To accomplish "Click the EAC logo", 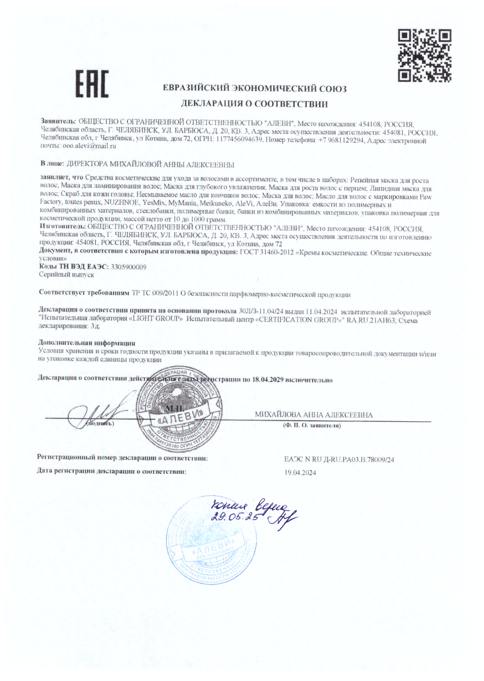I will [x=92, y=84].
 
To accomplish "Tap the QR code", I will [x=425, y=55].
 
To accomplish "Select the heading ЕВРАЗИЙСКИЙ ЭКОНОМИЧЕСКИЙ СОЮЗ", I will [x=255, y=89].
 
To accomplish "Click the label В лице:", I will [x=52, y=164].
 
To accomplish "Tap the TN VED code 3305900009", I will [x=128, y=267].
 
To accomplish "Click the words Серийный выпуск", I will [x=67, y=275].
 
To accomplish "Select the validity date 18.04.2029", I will [x=267, y=380].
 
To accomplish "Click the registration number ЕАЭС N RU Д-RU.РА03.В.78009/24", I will [x=339, y=460].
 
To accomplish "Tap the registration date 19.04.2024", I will [x=300, y=473].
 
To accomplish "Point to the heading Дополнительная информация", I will [x=87, y=343].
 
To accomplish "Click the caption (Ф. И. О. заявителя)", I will [x=311, y=426].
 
